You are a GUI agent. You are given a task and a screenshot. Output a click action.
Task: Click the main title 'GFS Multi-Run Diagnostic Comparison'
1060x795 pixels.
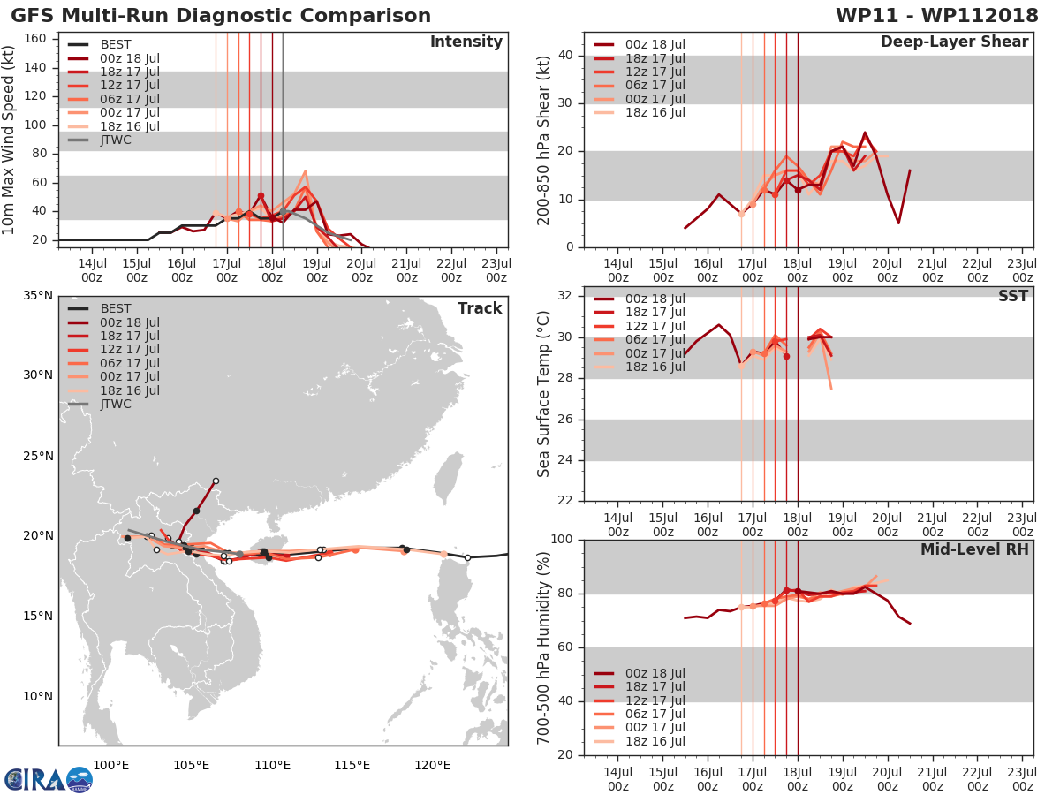tap(221, 16)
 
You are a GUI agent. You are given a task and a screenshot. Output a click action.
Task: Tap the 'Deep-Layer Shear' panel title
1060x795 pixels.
tap(954, 42)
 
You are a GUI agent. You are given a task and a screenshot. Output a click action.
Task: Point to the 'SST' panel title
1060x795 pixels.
tap(1013, 296)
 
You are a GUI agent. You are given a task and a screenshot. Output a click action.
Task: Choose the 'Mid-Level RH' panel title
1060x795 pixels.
tap(974, 550)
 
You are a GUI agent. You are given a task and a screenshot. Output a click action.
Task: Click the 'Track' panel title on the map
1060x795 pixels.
tap(480, 308)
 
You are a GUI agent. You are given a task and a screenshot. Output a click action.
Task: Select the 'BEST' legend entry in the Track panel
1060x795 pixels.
tap(116, 308)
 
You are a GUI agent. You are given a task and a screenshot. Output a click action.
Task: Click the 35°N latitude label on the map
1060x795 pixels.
tap(38, 295)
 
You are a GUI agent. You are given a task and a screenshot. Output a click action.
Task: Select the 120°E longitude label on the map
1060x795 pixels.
tap(432, 765)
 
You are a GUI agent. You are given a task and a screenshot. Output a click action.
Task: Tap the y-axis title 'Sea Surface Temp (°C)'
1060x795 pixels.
tap(544, 394)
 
